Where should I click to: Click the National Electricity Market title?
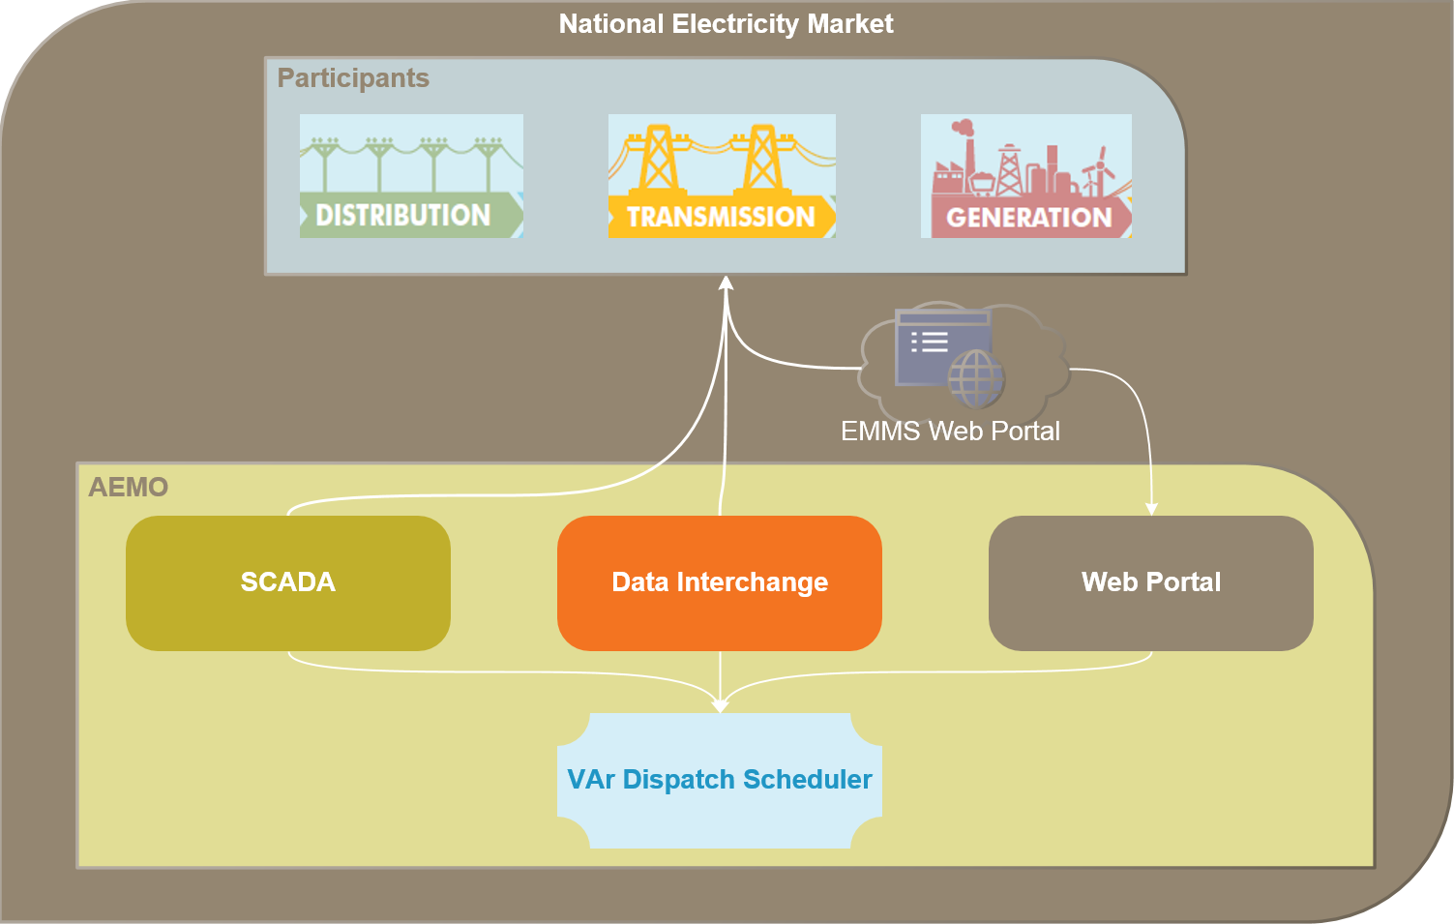(x=726, y=24)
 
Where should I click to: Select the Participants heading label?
(x=353, y=78)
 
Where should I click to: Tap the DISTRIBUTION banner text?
(x=403, y=215)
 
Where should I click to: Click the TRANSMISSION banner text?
(x=721, y=217)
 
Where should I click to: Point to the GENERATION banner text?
(x=1028, y=218)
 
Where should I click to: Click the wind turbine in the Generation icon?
(x=1099, y=169)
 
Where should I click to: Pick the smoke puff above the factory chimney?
(x=962, y=127)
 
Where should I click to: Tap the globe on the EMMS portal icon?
(x=976, y=377)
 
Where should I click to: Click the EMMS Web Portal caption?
(x=950, y=432)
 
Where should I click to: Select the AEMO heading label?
(x=129, y=487)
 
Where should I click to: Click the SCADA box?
(x=288, y=582)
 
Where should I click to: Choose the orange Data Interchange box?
(x=720, y=582)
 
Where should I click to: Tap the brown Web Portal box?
(x=1151, y=582)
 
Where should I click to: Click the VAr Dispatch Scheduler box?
(x=720, y=781)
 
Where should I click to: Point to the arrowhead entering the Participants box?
(x=727, y=283)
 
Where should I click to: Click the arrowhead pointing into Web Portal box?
(x=1151, y=509)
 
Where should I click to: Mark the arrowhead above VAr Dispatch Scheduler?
(x=720, y=706)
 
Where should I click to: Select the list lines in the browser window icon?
(x=930, y=342)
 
